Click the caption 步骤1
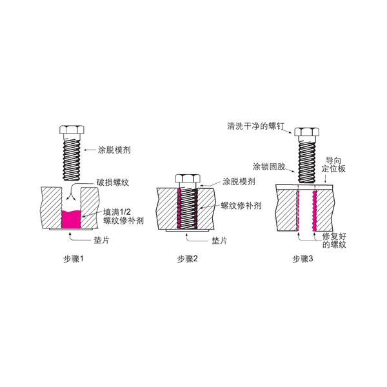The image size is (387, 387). pos(74,259)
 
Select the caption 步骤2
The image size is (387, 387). pos(187,259)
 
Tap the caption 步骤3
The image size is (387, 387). pos(303,259)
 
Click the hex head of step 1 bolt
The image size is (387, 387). pos(72,130)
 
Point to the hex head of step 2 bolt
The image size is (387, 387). pos(188,179)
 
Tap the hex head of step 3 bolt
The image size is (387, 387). pos(306,132)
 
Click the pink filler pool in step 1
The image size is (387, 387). pos(71,219)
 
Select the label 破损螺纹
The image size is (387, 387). pos(112,183)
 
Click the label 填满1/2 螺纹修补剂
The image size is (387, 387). pos(123,216)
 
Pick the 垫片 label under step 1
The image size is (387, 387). pos(101,240)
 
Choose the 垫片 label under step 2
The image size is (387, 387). pos(219,241)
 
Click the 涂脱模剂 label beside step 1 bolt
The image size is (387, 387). pos(114,150)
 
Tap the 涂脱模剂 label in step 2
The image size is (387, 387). pos(239,182)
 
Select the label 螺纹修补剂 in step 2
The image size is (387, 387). pos(241,205)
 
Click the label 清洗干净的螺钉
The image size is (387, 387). pos(255,126)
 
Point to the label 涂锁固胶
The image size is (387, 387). pos(269,166)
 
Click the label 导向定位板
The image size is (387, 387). pos(333,164)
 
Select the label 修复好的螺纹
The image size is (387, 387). pos(334,241)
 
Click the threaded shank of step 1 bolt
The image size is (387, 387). pos(72,159)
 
